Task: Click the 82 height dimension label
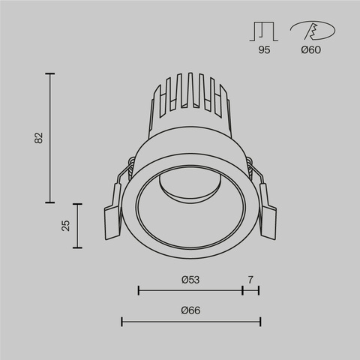coord(39,138)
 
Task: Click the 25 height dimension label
coord(66,225)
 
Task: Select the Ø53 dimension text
coord(190,279)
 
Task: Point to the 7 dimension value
coord(250,279)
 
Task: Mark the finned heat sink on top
coord(190,101)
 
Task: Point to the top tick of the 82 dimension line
coord(50,73)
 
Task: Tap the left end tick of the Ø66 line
coord(122,322)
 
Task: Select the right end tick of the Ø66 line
coord(259,322)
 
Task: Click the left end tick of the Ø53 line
coord(139,290)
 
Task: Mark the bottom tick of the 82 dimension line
coord(50,202)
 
